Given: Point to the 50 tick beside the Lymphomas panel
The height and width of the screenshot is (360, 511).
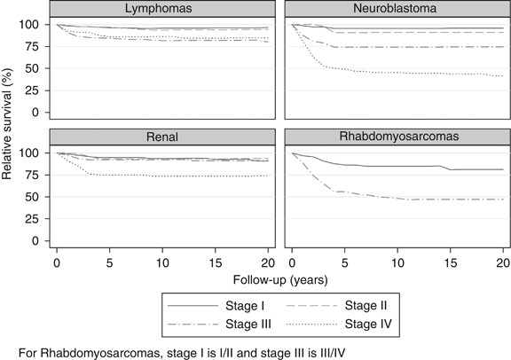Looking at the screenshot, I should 34,68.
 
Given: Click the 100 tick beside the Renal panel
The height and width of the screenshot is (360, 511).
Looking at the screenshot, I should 31,153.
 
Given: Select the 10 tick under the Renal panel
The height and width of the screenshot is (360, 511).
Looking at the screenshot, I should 161,262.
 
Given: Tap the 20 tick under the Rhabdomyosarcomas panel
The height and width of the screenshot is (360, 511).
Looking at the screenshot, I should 502,262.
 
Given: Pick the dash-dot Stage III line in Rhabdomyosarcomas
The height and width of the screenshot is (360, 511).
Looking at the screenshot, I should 399,199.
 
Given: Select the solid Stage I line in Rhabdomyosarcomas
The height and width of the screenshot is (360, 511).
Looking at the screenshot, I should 399,166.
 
